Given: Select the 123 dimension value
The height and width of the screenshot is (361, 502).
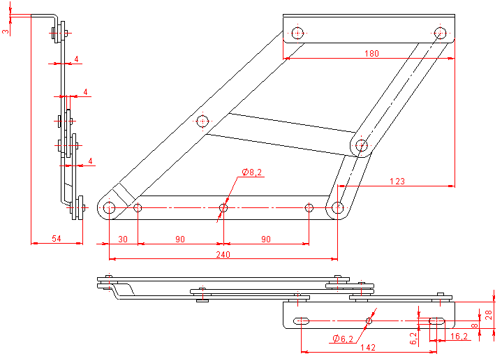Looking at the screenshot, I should (x=397, y=182).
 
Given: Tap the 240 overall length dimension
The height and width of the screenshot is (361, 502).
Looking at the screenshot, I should (x=223, y=255).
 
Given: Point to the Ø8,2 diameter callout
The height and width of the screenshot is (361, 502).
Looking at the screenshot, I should (x=252, y=172).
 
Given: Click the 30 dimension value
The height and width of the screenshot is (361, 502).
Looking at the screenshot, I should (x=123, y=239).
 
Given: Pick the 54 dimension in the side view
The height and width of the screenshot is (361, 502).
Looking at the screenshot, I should (x=57, y=239).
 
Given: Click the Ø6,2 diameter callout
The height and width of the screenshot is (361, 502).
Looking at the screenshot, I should (x=343, y=339).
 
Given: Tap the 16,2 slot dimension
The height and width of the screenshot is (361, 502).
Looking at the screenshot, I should (x=459, y=336).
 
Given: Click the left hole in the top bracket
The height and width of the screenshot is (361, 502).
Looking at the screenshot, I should (x=298, y=33).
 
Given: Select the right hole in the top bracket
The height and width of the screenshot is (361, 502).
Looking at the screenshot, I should (x=440, y=33).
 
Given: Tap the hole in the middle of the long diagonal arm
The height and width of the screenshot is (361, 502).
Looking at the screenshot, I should (x=202, y=121).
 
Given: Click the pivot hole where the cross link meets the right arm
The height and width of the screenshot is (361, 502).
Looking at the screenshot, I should (x=361, y=146).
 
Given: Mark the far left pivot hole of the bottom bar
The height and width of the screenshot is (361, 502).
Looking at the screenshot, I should (x=110, y=207).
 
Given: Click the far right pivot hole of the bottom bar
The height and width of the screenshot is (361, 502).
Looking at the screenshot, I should (x=338, y=207).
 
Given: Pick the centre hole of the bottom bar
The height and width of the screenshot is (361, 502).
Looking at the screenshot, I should (x=223, y=207).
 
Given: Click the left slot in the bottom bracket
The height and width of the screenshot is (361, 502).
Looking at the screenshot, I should (x=302, y=321).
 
